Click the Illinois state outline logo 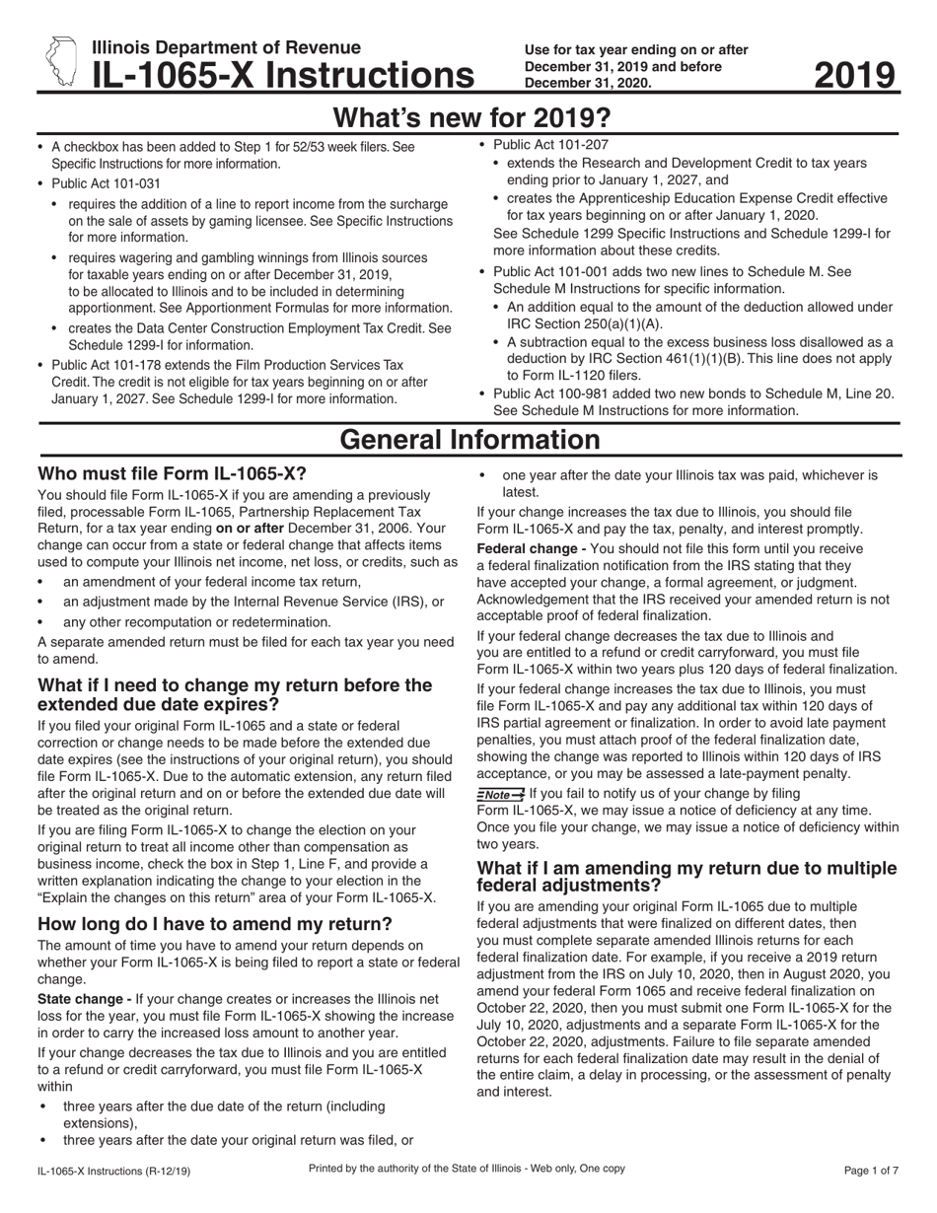pyautogui.click(x=60, y=61)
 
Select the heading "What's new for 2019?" pyautogui.click(x=470, y=118)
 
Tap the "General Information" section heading pyautogui.click(x=469, y=440)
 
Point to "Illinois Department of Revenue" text pyautogui.click(x=226, y=47)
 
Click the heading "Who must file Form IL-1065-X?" pyautogui.click(x=172, y=473)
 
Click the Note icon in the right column pyautogui.click(x=500, y=794)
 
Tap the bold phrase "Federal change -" pyautogui.click(x=531, y=548)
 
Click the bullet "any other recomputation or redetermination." pyautogui.click(x=197, y=621)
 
